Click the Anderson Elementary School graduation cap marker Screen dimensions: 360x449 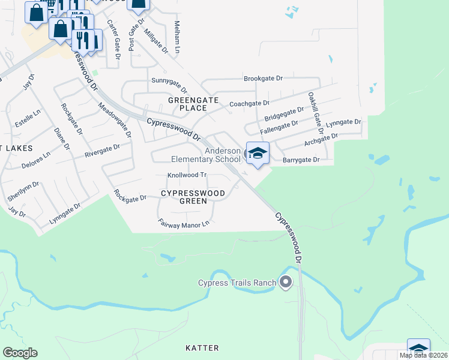(258, 153)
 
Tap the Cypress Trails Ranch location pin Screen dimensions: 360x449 (285, 281)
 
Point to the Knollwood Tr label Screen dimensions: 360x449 (187, 175)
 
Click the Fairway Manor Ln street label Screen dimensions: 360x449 (184, 223)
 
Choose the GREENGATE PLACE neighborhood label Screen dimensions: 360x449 (187, 104)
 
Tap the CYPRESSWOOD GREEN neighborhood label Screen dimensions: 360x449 (193, 197)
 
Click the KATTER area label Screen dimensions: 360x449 (202, 348)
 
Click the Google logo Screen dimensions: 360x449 (20, 353)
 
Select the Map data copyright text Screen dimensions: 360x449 (423, 355)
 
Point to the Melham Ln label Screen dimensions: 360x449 (177, 37)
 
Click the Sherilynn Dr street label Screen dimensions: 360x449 (23, 191)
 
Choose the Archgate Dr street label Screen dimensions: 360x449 (321, 140)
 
